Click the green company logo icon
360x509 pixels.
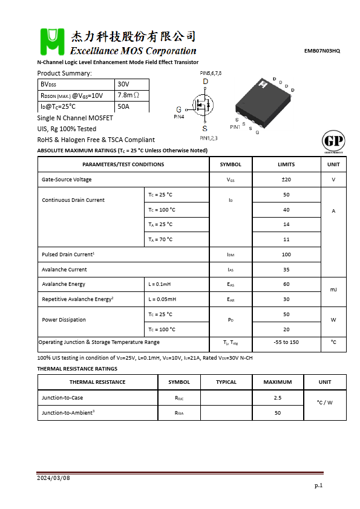[52, 42]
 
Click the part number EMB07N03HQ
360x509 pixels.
[322, 51]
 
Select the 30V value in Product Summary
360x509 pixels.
[123, 84]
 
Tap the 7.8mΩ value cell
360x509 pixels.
[128, 96]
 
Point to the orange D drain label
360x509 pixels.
[205, 82]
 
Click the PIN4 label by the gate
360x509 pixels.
[179, 116]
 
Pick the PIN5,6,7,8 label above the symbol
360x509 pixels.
[211, 73]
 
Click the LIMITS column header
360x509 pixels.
[286, 164]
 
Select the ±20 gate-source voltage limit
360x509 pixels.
[286, 180]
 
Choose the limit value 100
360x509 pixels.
[286, 254]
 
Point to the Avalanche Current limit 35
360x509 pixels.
[286, 270]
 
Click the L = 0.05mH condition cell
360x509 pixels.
[162, 299]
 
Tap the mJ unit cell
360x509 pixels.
[333, 290]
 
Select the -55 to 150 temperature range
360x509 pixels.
[286, 342]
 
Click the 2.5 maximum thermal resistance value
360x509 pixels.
[278, 398]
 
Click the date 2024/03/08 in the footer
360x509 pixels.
[54, 478]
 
